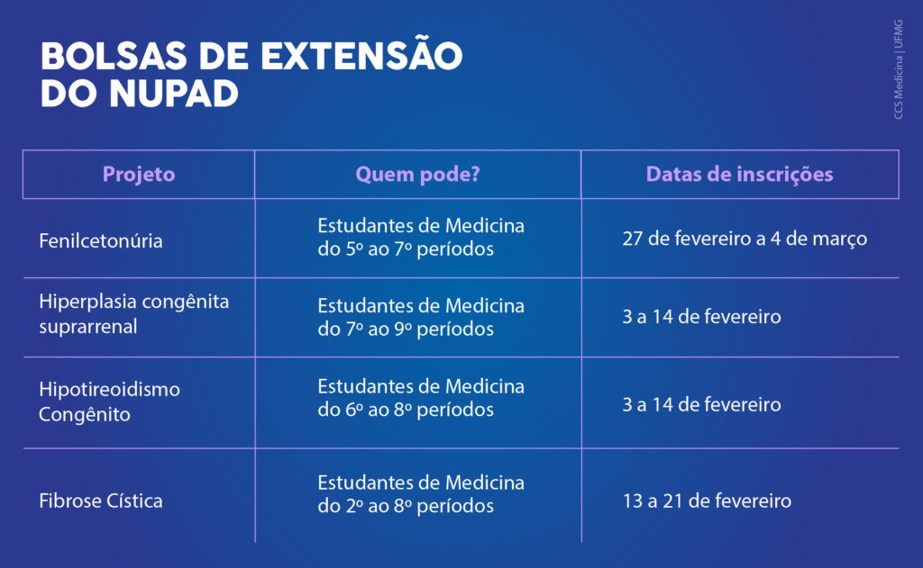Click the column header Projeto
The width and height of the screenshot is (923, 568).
coord(138,175)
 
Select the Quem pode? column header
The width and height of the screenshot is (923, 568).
coord(418,175)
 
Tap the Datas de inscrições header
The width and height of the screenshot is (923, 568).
coord(739,175)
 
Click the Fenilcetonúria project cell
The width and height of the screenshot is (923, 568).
coord(101,240)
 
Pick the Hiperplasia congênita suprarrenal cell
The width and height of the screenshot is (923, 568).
coord(134,313)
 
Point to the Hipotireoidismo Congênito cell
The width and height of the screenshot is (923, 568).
coord(109,401)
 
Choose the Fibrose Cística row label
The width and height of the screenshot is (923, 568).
coord(101,501)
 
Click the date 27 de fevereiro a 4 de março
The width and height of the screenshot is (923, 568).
coord(745,239)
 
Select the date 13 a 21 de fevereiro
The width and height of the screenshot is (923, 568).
coord(707,501)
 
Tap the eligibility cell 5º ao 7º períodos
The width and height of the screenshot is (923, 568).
coord(421,237)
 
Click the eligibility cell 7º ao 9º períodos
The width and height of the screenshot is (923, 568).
coord(421,317)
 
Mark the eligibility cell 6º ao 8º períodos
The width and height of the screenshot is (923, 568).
coord(421,398)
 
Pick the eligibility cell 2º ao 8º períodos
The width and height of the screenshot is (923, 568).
coord(421,494)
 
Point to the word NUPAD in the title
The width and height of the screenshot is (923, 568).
coord(174,94)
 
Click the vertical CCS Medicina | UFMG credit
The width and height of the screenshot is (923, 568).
coord(899,69)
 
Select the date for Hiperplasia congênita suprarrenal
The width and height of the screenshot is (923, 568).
coord(701,317)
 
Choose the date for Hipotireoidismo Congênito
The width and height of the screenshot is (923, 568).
coord(701,404)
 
